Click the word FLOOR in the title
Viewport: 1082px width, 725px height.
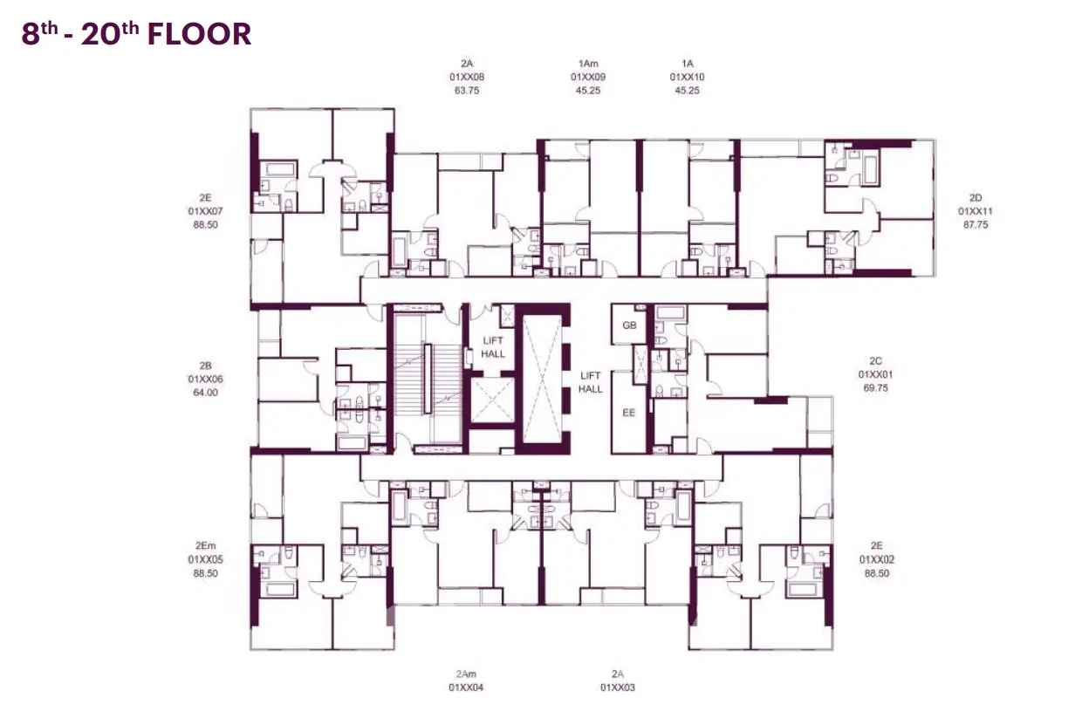click(199, 34)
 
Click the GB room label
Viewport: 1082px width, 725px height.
click(629, 325)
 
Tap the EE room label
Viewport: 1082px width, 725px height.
click(629, 413)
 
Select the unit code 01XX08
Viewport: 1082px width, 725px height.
click(467, 77)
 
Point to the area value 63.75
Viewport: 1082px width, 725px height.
click(467, 91)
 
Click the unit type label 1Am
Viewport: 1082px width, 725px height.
click(588, 64)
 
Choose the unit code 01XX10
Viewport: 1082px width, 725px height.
click(687, 77)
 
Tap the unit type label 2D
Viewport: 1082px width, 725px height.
click(976, 197)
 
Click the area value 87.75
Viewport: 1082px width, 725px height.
click(976, 224)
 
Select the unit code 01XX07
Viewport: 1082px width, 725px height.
click(205, 211)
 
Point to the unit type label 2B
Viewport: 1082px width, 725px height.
click(205, 366)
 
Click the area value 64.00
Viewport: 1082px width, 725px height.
click(205, 393)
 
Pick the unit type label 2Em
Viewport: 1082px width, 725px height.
click(205, 546)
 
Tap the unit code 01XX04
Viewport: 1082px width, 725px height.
click(466, 687)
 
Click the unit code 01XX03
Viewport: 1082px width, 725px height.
click(617, 687)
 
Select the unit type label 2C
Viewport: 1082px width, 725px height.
click(875, 361)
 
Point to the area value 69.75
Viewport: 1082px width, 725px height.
click(875, 388)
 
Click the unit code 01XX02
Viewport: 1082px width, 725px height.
click(877, 559)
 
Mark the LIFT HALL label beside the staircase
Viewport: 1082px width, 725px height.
click(493, 347)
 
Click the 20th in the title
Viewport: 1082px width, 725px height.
click(110, 34)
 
